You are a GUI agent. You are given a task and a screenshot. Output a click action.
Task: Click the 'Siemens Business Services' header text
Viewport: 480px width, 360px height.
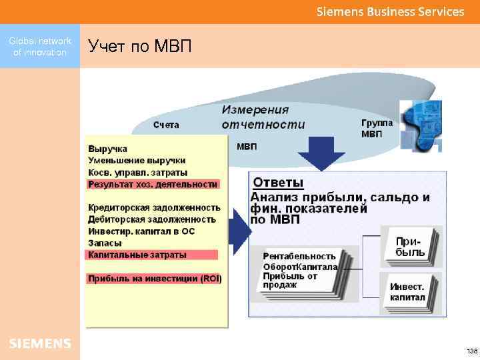(390, 11)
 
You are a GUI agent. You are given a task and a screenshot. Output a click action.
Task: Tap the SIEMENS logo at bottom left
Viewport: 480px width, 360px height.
(39, 343)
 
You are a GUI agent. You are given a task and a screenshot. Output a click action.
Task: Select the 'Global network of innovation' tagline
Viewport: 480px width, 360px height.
(39, 47)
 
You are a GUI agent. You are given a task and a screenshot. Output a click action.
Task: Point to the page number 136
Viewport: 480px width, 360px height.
(471, 351)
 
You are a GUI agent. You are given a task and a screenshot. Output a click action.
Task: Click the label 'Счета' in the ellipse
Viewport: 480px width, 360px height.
(166, 125)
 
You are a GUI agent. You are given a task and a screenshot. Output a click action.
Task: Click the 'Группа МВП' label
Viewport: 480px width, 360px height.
(377, 128)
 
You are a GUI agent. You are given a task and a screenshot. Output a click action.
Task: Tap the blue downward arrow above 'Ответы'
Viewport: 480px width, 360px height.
(321, 153)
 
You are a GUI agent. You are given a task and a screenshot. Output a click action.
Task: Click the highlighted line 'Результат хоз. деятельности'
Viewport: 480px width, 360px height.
(153, 184)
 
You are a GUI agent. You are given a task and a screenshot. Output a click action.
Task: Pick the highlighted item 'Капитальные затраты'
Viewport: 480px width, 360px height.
(137, 255)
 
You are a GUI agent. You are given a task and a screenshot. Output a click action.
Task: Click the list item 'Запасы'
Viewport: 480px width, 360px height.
(105, 243)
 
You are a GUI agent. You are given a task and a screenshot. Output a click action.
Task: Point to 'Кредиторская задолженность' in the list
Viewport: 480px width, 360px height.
(154, 207)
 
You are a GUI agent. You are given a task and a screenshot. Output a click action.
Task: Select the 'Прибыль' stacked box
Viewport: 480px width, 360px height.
(410, 247)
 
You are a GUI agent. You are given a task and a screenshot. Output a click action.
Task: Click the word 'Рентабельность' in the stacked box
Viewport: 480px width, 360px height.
(299, 256)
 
